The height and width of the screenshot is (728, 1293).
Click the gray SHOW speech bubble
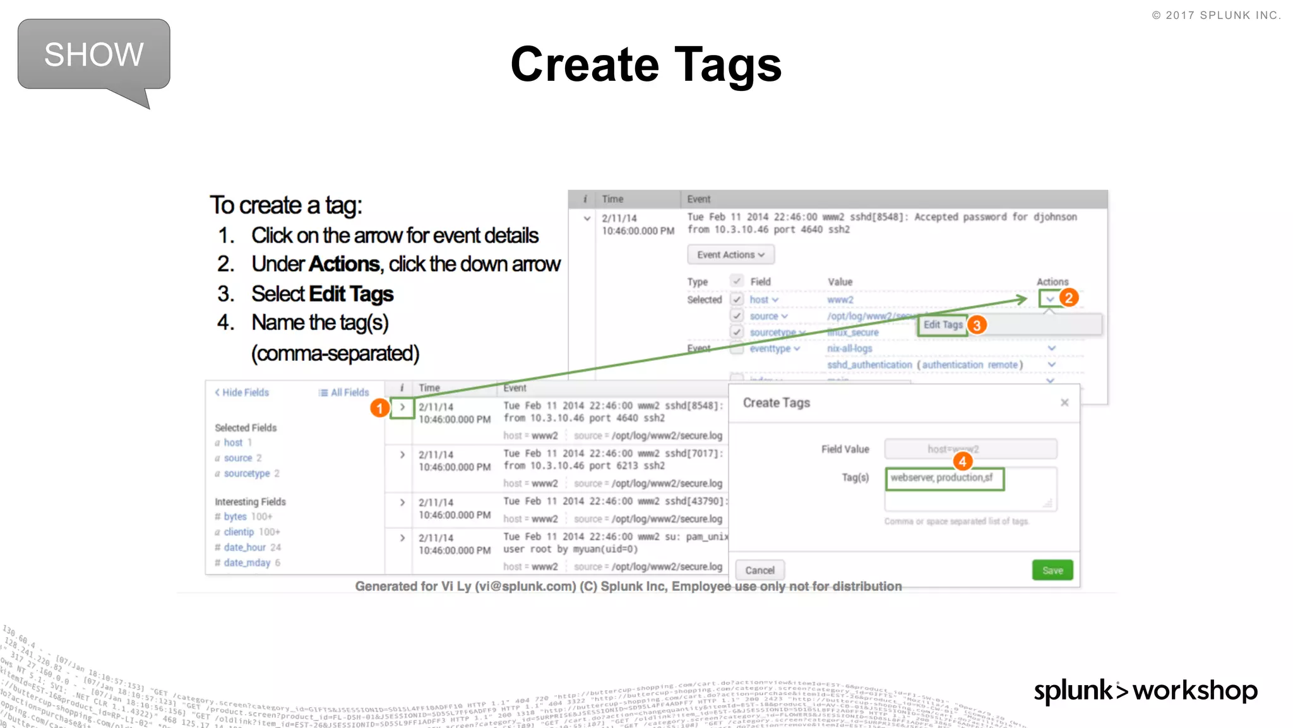pyautogui.click(x=93, y=55)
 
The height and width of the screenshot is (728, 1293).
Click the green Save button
pyautogui.click(x=1052, y=570)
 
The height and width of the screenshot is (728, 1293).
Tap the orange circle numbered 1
pyautogui.click(x=379, y=408)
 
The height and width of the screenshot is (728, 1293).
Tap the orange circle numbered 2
pyautogui.click(x=1068, y=298)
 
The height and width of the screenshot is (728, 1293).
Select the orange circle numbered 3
pyautogui.click(x=977, y=325)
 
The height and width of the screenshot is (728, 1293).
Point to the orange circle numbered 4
pyautogui.click(x=962, y=461)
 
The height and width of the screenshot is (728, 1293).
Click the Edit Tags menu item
pyautogui.click(x=943, y=325)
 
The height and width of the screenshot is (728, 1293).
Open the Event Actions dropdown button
pyautogui.click(x=730, y=255)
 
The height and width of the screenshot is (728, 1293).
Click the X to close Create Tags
pyautogui.click(x=1064, y=403)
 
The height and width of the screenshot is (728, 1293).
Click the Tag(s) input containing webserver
pyautogui.click(x=944, y=478)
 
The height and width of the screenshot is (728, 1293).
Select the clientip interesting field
pyautogui.click(x=239, y=532)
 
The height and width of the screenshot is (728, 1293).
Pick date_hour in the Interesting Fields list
pyautogui.click(x=244, y=547)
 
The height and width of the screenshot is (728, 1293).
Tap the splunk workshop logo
pyautogui.click(x=1145, y=691)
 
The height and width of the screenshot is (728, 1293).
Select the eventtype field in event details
pyautogui.click(x=770, y=349)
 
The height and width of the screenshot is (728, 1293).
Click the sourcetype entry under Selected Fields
pyautogui.click(x=246, y=473)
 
